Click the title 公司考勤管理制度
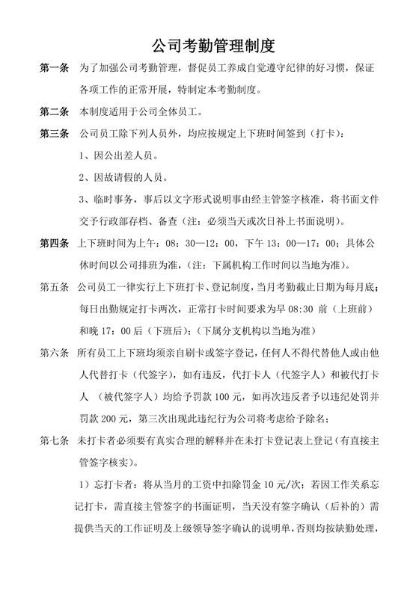pos(209,44)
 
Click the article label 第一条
pos(54,70)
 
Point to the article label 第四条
pos(54,244)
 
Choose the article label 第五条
pos(54,287)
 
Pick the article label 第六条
pos(54,352)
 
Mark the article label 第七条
pos(54,440)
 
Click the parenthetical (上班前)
pos(358,309)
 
